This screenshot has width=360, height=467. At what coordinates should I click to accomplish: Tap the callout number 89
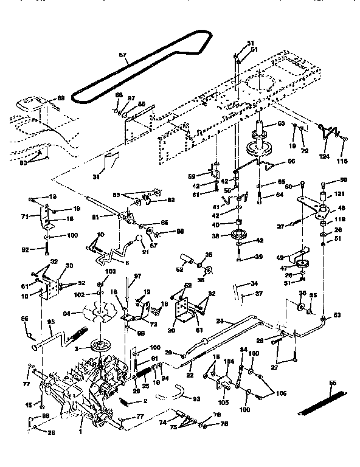[60, 98]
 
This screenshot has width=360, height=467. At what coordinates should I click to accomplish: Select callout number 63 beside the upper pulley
[281, 124]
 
